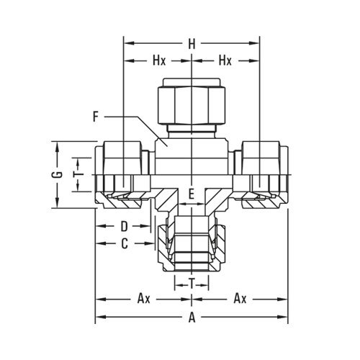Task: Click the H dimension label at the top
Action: pos(192,44)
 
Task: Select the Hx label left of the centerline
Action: pos(159,61)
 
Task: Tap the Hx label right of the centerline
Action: pos(225,61)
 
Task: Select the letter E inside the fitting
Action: pos(191,194)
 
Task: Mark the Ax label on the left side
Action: pos(143,297)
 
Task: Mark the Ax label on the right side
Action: pos(240,297)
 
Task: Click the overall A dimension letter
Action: pos(191,316)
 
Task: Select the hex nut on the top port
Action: pos(192,104)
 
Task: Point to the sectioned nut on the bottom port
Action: pos(191,245)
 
